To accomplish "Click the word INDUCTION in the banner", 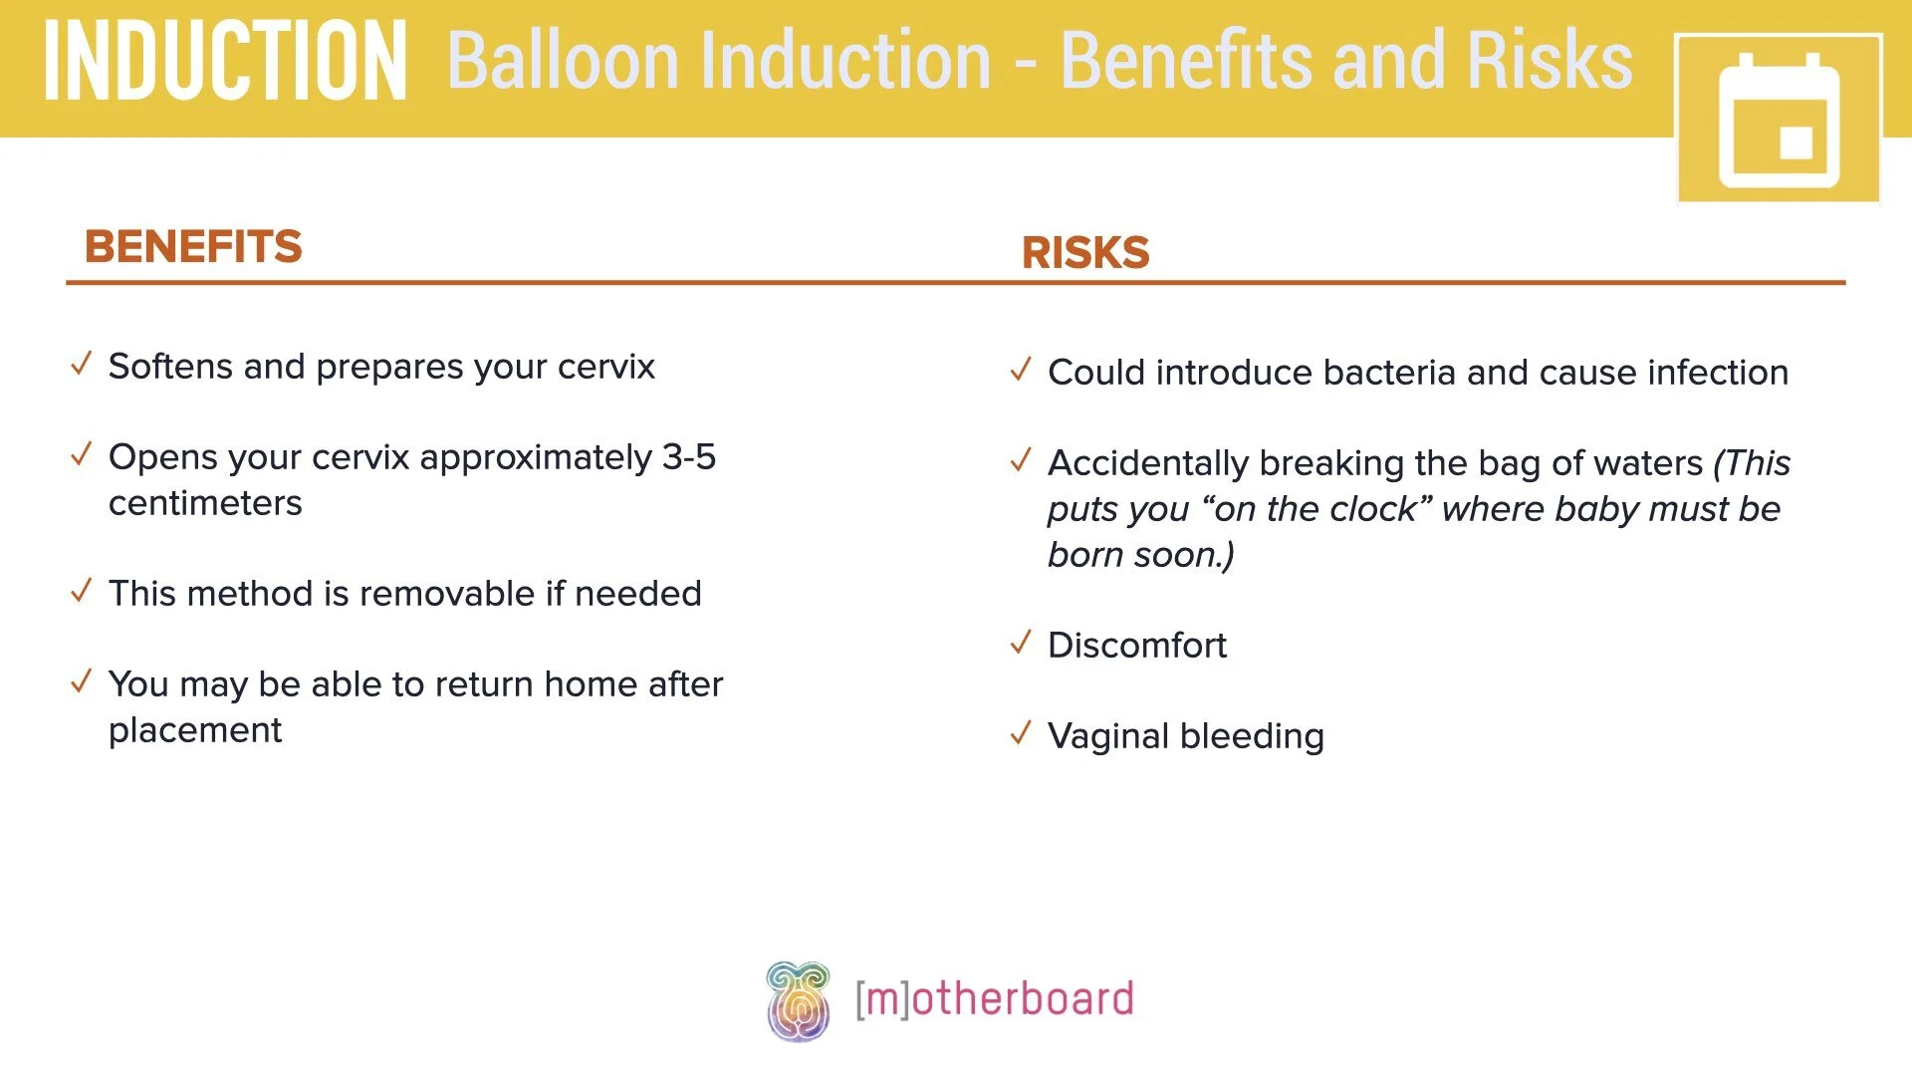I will point(225,62).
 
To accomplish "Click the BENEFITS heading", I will point(193,246).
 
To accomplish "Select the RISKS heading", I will point(1085,252).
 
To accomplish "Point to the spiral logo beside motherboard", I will point(798,1000).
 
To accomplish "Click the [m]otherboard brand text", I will point(994,999).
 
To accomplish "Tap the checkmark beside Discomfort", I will point(1021,643).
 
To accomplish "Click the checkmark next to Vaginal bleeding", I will point(1021,733).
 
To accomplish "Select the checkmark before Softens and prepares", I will point(82,364).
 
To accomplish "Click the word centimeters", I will point(205,503).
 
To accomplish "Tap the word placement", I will point(195,730).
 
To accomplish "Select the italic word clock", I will point(1375,509).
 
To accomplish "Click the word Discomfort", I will point(1137,646).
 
